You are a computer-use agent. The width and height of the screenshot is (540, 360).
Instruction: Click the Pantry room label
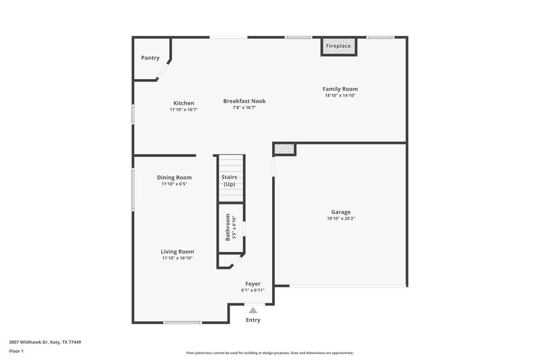pyautogui.click(x=150, y=58)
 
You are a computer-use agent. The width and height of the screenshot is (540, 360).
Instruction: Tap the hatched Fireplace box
pyautogui.click(x=338, y=46)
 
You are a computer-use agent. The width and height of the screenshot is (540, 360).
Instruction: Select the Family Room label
pyautogui.click(x=340, y=89)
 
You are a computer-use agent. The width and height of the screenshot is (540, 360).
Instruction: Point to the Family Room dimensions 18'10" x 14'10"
pyautogui.click(x=340, y=96)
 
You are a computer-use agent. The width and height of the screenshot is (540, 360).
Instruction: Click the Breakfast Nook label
pyautogui.click(x=244, y=101)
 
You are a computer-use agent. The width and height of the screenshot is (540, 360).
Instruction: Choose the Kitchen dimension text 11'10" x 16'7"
pyautogui.click(x=184, y=109)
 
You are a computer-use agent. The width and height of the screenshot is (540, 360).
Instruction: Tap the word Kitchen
pyautogui.click(x=184, y=103)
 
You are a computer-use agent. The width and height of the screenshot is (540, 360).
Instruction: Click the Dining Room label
pyautogui.click(x=174, y=178)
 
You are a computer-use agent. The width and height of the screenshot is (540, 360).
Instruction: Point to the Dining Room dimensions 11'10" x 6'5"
pyautogui.click(x=174, y=184)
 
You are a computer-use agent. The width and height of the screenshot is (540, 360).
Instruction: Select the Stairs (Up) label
pyautogui.click(x=230, y=180)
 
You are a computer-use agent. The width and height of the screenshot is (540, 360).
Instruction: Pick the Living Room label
pyautogui.click(x=177, y=251)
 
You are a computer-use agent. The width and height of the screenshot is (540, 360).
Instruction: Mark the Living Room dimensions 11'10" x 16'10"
pyautogui.click(x=177, y=258)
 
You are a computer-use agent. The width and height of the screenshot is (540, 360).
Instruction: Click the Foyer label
pyautogui.click(x=252, y=284)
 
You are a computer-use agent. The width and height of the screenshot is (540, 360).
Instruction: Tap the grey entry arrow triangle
pyautogui.click(x=253, y=310)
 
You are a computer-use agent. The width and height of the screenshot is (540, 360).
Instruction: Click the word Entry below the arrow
pyautogui.click(x=253, y=320)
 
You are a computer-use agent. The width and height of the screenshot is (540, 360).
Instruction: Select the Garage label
pyautogui.click(x=340, y=212)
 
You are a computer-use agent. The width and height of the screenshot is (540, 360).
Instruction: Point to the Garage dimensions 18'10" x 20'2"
pyautogui.click(x=340, y=219)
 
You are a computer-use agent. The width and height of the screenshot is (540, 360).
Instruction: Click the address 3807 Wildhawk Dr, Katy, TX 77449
pyautogui.click(x=45, y=342)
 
